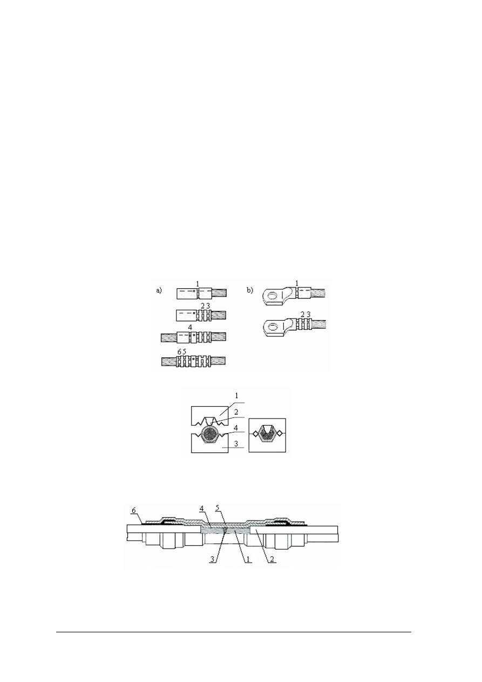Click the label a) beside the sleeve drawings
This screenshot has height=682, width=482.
pyautogui.click(x=159, y=291)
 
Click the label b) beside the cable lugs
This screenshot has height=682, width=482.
pyautogui.click(x=250, y=291)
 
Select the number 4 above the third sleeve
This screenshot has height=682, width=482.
pyautogui.click(x=190, y=328)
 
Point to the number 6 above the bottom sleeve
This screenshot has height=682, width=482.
pyautogui.click(x=179, y=352)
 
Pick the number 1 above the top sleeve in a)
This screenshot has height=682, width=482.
pyautogui.click(x=198, y=283)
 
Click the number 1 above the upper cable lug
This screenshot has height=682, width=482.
pyautogui.click(x=297, y=283)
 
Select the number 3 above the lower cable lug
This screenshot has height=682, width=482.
pyautogui.click(x=308, y=314)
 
